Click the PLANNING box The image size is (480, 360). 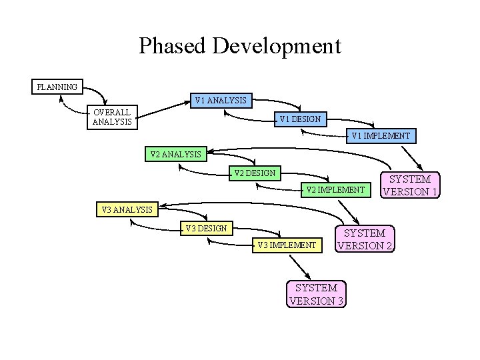click(x=57, y=87)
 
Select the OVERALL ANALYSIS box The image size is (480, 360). click(x=112, y=117)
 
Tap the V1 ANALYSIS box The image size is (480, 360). click(x=221, y=101)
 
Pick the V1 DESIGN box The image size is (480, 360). click(x=300, y=119)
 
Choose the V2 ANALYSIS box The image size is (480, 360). click(x=176, y=154)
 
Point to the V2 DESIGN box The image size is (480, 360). click(x=255, y=173)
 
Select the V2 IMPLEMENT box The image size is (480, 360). click(x=335, y=190)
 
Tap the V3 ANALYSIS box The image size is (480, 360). click(x=127, y=210)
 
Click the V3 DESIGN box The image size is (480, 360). click(x=207, y=229)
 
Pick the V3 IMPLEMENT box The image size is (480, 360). click(x=287, y=245)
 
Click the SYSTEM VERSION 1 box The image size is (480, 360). click(x=410, y=185)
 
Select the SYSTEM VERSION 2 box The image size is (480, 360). click(x=365, y=239)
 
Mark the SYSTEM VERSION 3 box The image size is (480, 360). click(x=317, y=294)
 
